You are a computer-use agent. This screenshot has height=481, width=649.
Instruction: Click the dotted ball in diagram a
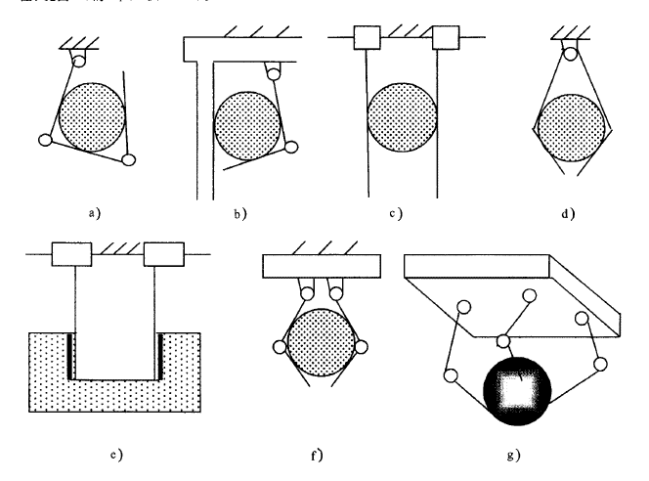pyautogui.click(x=91, y=116)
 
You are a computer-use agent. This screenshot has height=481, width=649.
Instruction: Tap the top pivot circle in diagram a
pyautogui.click(x=79, y=61)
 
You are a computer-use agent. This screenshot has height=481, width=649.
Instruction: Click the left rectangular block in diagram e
pyautogui.click(x=72, y=255)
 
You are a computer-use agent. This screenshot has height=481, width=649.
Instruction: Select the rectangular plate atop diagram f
pyautogui.click(x=321, y=266)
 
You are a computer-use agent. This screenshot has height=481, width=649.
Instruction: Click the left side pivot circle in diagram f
pyautogui.click(x=281, y=347)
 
